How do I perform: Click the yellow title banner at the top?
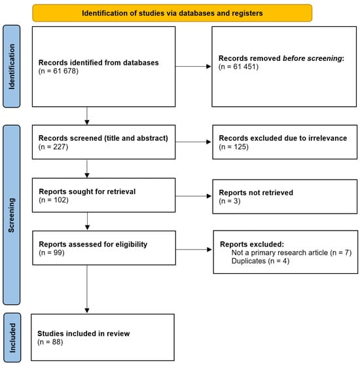coord(172,13)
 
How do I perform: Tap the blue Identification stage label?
coord(11,66)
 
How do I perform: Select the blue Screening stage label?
coord(11,215)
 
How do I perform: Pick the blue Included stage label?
coord(12,337)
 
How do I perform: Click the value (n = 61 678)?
coord(58,71)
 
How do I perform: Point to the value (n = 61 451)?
coord(238,67)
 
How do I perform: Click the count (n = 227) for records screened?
coord(53,147)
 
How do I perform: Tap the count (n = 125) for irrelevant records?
coord(234,147)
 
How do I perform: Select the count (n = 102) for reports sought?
coord(54,200)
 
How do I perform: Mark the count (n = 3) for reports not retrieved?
coord(230,201)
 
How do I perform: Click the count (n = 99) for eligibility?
coord(52,252)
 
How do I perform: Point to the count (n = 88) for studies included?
coord(50,342)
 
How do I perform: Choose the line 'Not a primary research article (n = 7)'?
coord(291,252)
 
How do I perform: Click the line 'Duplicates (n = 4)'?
coord(261,261)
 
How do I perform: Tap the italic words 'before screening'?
coord(312,58)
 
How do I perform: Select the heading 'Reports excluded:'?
coord(252,244)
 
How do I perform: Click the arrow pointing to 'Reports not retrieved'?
coord(193,196)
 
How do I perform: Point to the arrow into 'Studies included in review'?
coord(87,289)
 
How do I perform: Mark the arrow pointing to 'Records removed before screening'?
coord(193,67)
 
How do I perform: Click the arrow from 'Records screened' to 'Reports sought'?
coord(87,169)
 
